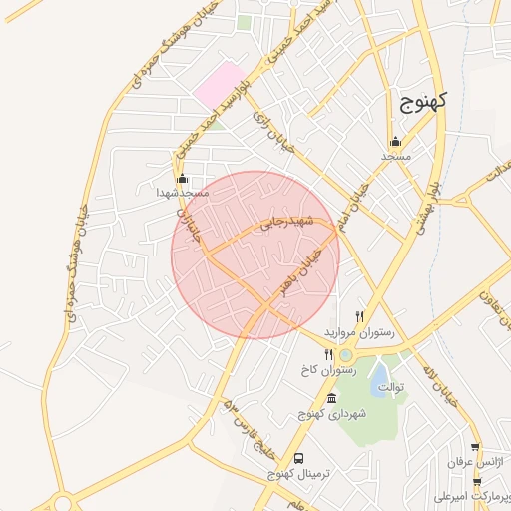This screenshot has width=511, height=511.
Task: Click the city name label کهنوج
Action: pos(424,100)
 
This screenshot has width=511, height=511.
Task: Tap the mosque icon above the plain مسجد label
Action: pos(395,141)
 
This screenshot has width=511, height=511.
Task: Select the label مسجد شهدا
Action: pos(180,192)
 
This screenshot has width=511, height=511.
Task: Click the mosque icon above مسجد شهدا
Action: pos(181,179)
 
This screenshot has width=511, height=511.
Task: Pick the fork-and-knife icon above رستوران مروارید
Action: pos(359,316)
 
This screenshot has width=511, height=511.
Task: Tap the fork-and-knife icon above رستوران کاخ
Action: pos(328,355)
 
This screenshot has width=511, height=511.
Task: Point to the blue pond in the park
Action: pos(381,376)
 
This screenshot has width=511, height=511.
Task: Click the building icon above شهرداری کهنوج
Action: pos(332,399)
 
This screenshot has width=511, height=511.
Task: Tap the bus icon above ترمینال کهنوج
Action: pos(300,460)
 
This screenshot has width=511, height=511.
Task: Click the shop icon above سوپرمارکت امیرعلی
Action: pos(477,482)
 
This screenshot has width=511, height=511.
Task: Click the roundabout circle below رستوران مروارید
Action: pos(346,355)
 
